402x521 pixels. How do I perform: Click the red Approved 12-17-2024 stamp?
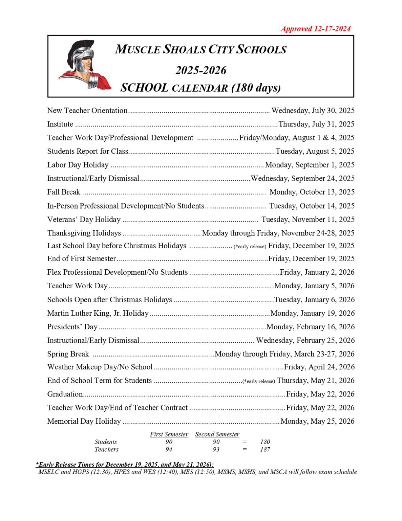click(315, 29)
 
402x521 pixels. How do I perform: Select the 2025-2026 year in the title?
click(201, 70)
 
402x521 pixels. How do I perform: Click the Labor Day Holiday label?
click(78, 165)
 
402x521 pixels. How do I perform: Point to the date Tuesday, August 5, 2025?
click(315, 151)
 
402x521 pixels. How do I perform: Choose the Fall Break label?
click(64, 192)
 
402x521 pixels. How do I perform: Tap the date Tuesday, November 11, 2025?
click(308, 219)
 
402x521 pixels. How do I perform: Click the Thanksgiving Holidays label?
click(84, 233)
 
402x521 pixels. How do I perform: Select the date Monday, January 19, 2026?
click(312, 313)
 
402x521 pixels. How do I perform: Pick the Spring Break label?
click(68, 354)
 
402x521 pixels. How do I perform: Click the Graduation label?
click(65, 394)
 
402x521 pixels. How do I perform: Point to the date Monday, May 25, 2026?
click(317, 421)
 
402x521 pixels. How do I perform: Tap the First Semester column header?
click(169, 434)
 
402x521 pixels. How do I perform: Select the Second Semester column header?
click(217, 434)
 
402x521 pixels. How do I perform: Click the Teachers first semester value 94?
click(169, 449)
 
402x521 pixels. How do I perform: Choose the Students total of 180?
click(265, 442)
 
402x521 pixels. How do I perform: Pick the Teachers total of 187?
click(265, 449)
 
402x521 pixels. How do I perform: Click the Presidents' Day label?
click(72, 327)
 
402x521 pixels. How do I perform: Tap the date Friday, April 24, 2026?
click(319, 367)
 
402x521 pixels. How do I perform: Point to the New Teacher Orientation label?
click(87, 111)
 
